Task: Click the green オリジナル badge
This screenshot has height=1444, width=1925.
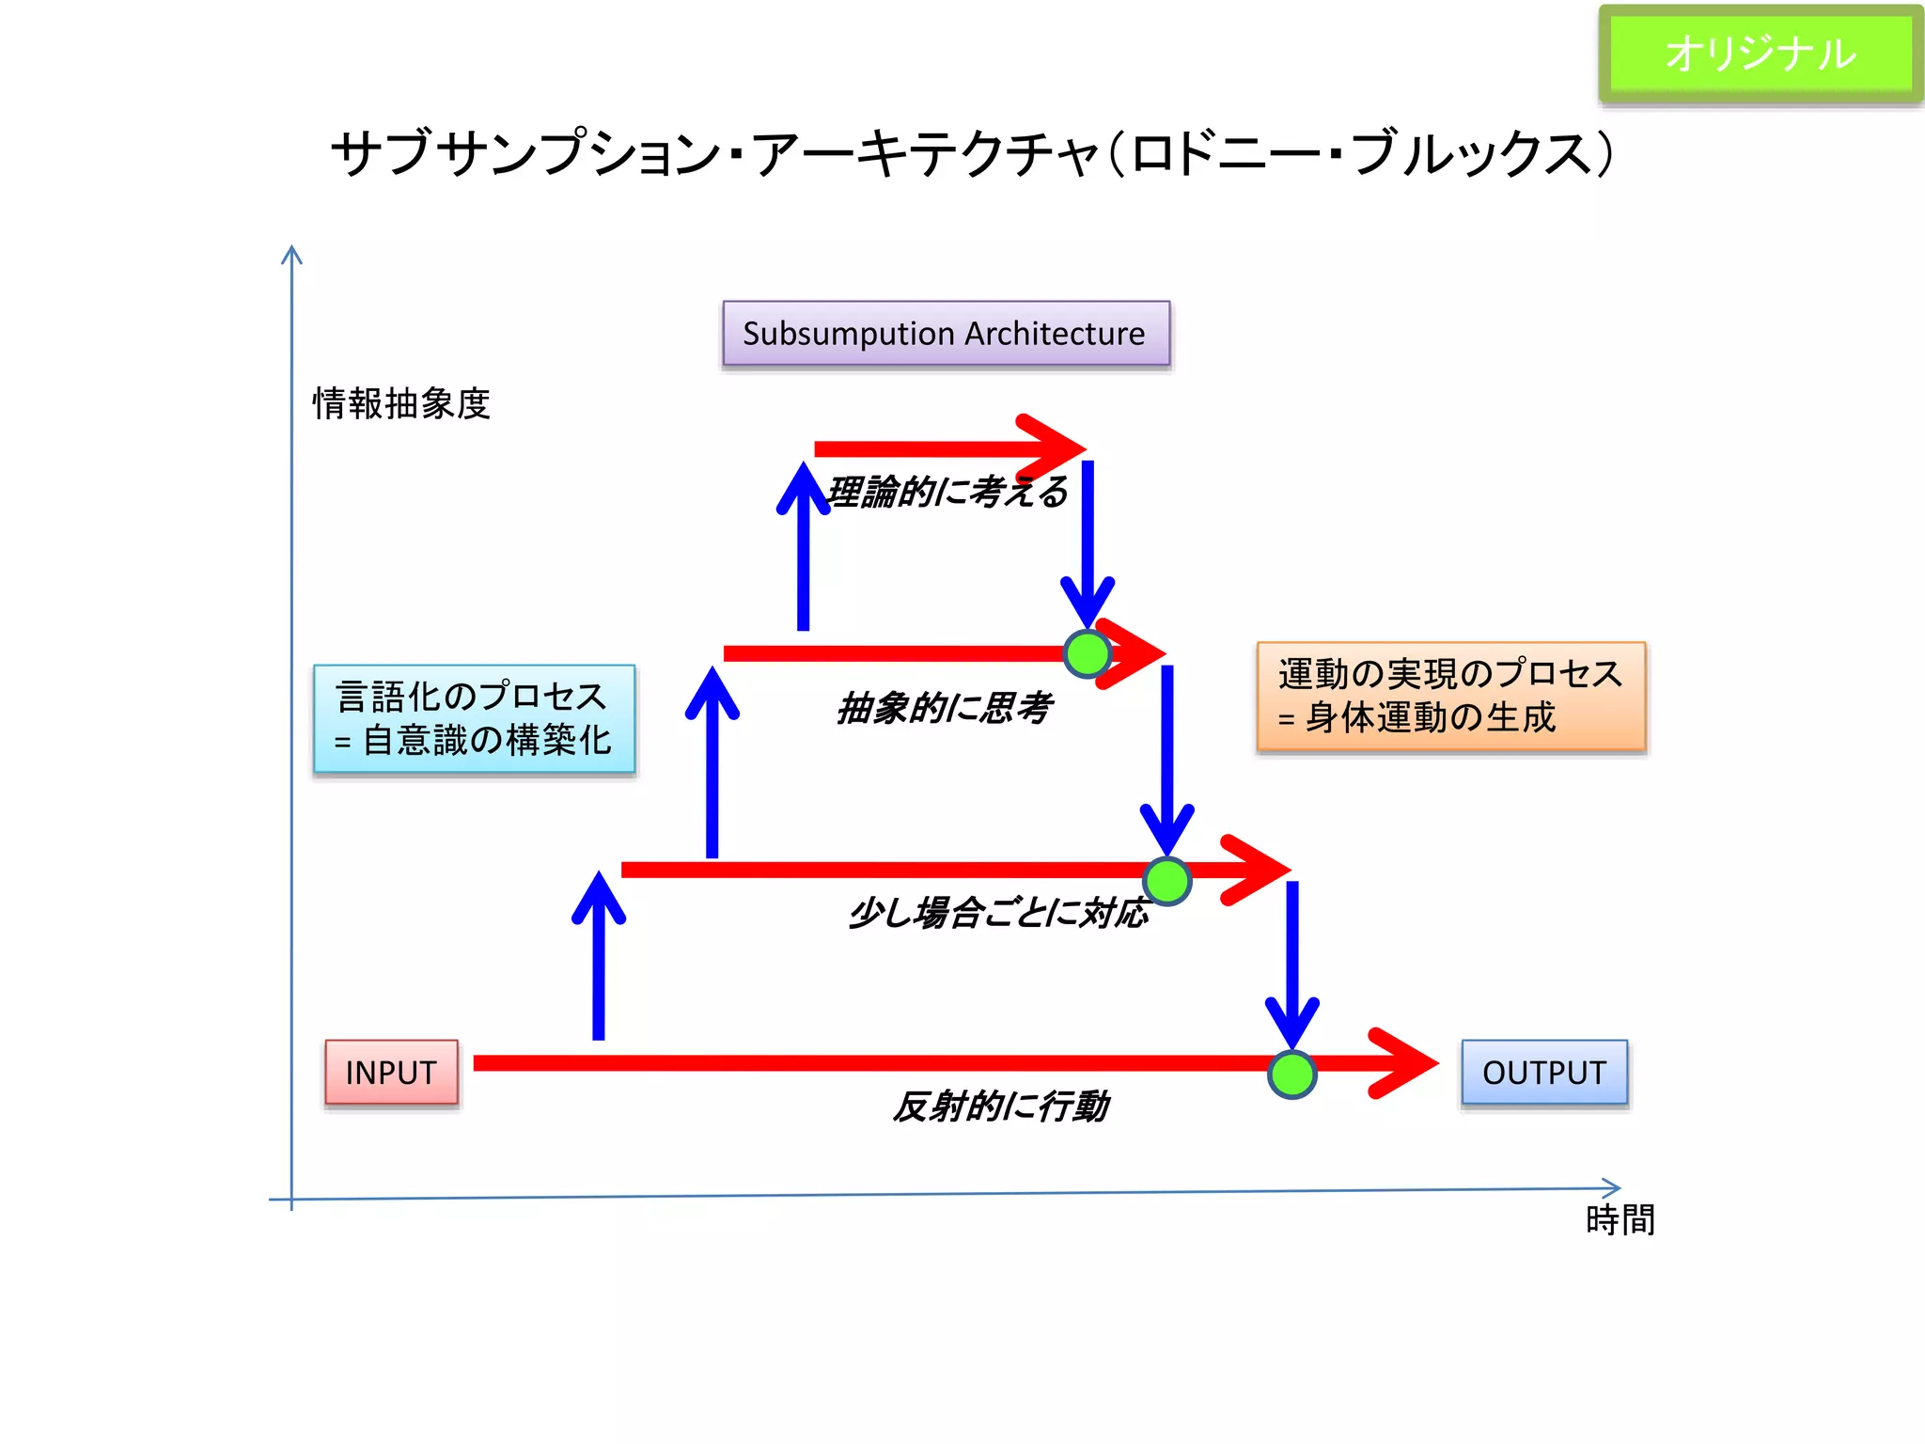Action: coord(1761,54)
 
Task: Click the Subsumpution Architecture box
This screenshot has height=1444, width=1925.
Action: coord(946,334)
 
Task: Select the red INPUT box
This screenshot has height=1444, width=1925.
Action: coord(391,1072)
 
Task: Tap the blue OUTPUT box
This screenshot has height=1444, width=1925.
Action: coord(1543,1072)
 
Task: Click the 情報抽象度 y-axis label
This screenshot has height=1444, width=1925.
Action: coord(401,404)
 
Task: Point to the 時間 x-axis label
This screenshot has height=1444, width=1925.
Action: coord(1620,1220)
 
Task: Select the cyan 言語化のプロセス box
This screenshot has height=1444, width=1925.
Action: coord(474,719)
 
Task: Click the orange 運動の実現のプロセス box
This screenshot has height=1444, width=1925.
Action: coord(1450,697)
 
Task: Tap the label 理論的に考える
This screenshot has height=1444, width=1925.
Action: coord(947,492)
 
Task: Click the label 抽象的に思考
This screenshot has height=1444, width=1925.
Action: coord(943,708)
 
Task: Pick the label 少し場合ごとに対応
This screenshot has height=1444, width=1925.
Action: coord(997,912)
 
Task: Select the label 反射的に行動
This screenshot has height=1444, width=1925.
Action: coord(1000,1107)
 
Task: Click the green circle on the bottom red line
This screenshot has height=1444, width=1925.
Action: coord(1291,1075)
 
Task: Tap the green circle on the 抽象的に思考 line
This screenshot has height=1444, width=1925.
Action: coord(1088,654)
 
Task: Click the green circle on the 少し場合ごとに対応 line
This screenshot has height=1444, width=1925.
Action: coord(1166,881)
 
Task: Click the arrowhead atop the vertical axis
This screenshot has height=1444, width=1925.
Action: coord(291,255)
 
